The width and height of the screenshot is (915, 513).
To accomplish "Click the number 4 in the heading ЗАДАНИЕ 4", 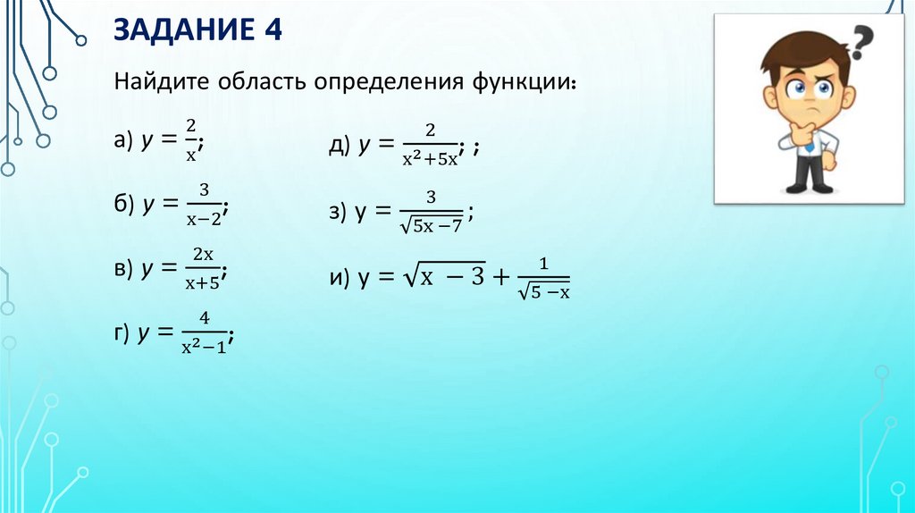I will coord(271,33).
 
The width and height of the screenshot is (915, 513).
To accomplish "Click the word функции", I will coord(518,83).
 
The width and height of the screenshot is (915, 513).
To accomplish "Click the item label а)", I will coord(123,140).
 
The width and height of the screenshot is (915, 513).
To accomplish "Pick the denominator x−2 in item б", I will coord(203,217).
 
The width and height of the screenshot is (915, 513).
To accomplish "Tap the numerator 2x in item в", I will coord(204,255).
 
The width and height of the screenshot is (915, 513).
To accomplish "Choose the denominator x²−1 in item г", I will coord(204,347).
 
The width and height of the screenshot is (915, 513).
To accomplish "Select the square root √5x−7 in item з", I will coord(432,225).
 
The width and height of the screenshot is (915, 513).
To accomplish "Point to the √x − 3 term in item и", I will coord(443,278).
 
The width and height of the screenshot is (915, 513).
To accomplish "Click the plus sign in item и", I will coord(502,278).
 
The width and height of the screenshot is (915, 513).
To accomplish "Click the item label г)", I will coord(122,333).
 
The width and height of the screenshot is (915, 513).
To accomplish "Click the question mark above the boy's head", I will coord(861,40).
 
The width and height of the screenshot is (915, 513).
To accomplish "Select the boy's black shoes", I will coord(809,187).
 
